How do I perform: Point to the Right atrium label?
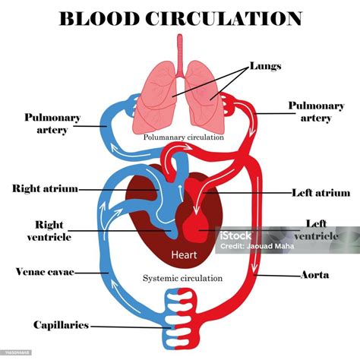pyautogui.click(x=45, y=188)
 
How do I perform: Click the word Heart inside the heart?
pyautogui.click(x=185, y=255)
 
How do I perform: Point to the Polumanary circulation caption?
pyautogui.click(x=183, y=137)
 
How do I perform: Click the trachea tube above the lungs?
pyautogui.click(x=180, y=49)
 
